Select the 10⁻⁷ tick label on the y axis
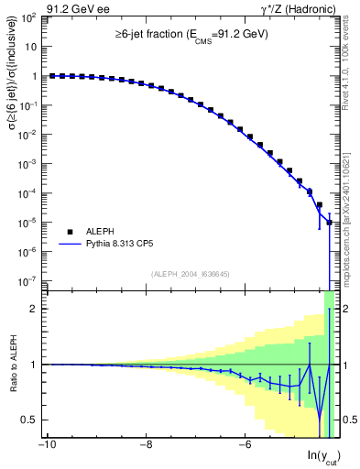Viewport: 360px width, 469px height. coord(29,281)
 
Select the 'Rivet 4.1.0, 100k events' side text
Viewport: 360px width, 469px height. coord(350,64)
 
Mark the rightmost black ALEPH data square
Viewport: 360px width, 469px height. coord(329,223)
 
